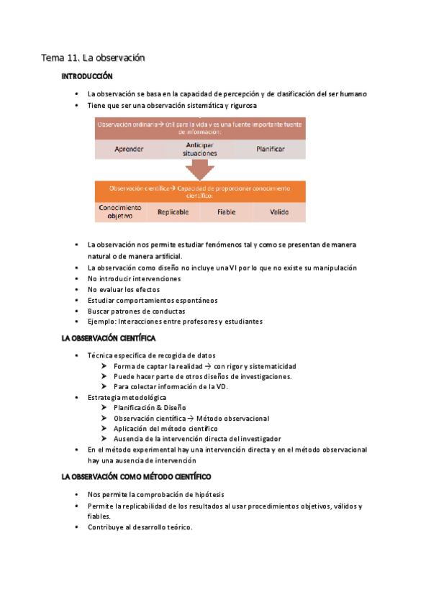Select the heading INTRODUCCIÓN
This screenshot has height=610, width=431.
(87, 76)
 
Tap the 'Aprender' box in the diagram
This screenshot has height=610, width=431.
(129, 149)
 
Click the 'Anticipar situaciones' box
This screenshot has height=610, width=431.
(201, 149)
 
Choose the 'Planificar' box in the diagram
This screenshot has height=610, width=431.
(271, 149)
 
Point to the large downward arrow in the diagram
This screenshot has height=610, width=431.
(200, 170)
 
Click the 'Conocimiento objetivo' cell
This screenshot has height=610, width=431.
(120, 211)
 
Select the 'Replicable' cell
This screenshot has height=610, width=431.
(173, 212)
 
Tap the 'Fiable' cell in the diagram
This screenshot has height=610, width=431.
(227, 212)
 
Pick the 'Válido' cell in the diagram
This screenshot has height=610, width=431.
(279, 212)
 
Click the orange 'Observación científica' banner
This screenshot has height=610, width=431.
(200, 191)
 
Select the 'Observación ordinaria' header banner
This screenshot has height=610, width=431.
(200, 127)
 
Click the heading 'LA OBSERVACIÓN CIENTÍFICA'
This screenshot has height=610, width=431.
(109, 337)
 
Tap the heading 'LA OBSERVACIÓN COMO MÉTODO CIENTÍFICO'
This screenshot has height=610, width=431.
(136, 477)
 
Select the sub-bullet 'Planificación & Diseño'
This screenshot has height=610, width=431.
(154, 407)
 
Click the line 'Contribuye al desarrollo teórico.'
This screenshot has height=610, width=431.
(140, 527)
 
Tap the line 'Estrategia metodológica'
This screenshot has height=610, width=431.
(127, 397)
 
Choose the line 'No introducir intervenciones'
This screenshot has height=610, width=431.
(134, 278)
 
